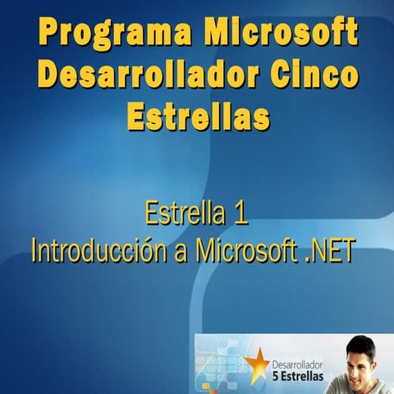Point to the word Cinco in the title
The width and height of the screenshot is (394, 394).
[x=314, y=76]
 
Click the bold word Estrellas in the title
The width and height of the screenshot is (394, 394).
[x=198, y=117]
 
